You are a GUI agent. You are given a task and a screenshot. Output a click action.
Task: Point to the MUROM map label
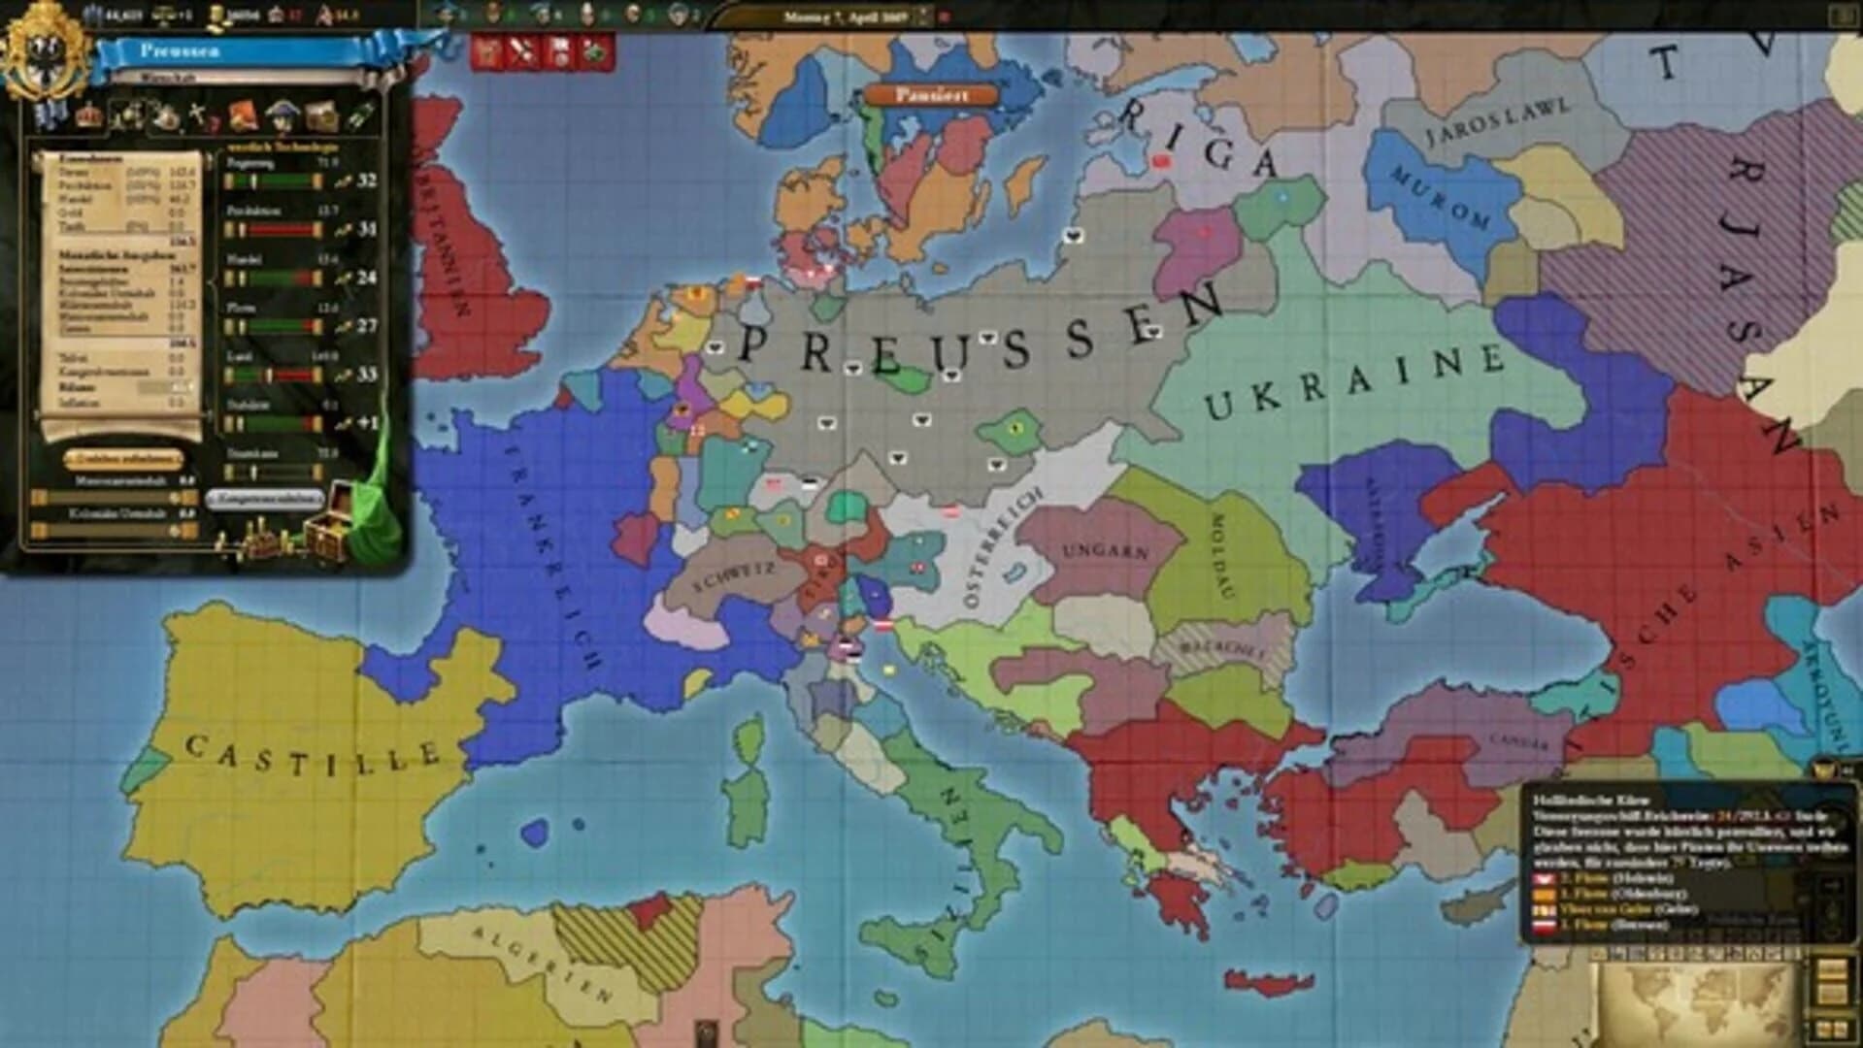[1441, 197]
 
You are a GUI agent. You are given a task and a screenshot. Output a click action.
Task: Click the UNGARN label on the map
[1105, 551]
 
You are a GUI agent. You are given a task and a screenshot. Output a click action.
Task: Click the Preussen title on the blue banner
[179, 49]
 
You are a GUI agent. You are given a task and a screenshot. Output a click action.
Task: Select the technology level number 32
[366, 180]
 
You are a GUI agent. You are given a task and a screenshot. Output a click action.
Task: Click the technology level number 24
[366, 278]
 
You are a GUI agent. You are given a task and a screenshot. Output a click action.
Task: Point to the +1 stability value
[366, 423]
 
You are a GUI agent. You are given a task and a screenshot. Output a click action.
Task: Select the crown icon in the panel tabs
[89, 115]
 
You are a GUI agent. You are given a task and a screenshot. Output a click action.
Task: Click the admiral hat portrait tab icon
[281, 115]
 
